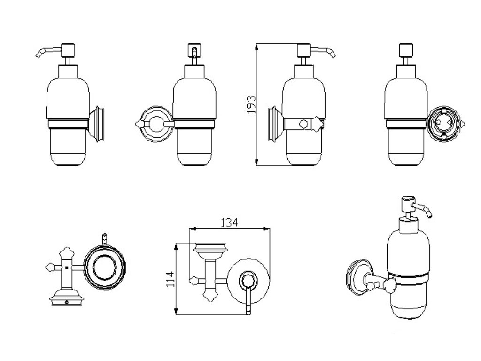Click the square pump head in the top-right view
click(404, 50)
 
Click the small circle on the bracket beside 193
click(304, 125)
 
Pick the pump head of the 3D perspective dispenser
click(407, 205)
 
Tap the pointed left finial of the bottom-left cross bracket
click(48, 268)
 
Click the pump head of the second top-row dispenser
click(193, 50)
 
